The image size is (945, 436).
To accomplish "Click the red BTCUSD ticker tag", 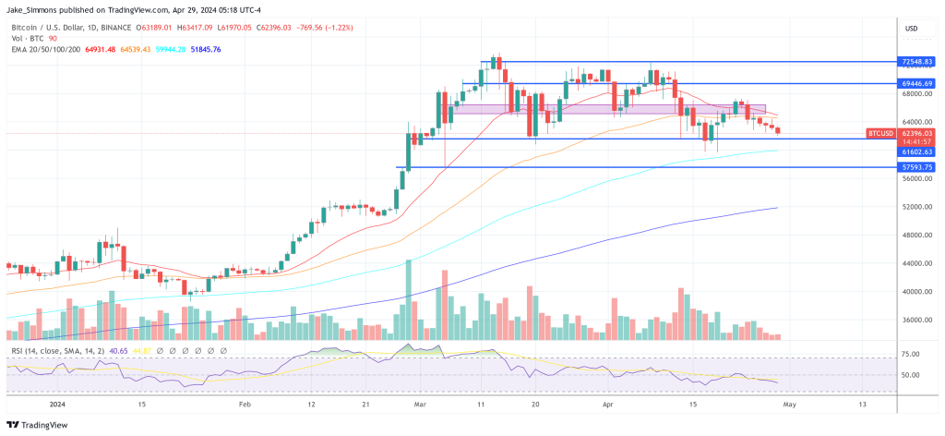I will pyautogui.click(x=880, y=134).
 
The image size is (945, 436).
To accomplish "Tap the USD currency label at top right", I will pyautogui.click(x=913, y=30).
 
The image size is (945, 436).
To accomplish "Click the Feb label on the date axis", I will pyautogui.click(x=245, y=405).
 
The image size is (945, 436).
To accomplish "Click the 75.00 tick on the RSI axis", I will pyautogui.click(x=910, y=355).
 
